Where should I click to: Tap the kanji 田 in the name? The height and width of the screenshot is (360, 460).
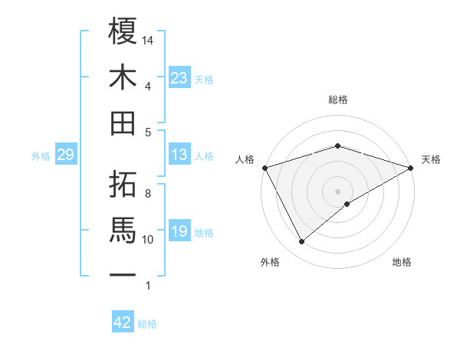(x=123, y=123)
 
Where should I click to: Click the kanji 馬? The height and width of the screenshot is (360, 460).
(x=123, y=228)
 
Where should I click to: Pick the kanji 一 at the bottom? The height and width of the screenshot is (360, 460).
(x=123, y=274)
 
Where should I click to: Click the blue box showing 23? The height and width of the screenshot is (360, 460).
(x=179, y=78)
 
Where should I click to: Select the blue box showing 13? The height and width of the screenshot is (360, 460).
(x=179, y=155)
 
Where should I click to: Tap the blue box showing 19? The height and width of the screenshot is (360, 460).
(x=179, y=231)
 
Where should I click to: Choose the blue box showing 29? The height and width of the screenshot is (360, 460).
(x=65, y=155)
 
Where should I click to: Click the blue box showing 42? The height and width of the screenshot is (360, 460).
(x=123, y=322)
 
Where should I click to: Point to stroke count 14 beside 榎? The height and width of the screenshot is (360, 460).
(x=149, y=39)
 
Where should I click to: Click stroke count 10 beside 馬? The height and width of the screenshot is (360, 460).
(x=148, y=240)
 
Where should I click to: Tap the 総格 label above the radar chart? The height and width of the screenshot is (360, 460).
(x=337, y=100)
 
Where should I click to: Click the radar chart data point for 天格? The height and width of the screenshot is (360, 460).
(x=412, y=167)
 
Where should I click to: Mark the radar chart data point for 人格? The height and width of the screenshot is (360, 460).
(x=264, y=167)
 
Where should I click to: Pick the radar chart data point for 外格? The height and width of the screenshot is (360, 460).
(x=301, y=241)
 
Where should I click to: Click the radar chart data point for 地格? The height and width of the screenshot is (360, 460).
(x=347, y=204)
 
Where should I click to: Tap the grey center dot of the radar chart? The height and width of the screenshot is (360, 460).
(x=337, y=190)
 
